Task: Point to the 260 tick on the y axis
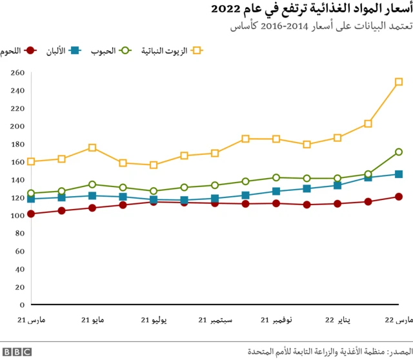coord(17,73)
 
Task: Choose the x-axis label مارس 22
coord(399,320)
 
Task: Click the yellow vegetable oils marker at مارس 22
coord(399,82)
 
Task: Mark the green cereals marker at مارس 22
coord(399,152)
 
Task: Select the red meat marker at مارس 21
coord(31,214)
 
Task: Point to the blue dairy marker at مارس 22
coord(399,174)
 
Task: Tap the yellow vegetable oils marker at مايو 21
coord(92,148)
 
